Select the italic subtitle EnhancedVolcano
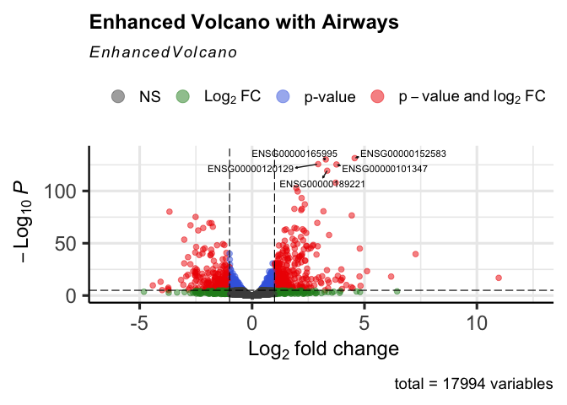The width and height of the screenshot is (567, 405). point(163,52)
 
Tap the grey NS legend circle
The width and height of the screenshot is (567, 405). point(116,96)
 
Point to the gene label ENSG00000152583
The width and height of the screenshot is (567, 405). point(403,154)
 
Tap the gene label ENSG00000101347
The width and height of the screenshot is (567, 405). point(385,169)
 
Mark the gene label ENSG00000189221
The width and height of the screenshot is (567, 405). point(322,183)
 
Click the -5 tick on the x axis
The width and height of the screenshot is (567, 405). point(139,323)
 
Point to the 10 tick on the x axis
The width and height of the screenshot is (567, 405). point(476,323)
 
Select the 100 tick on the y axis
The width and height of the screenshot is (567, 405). point(66,192)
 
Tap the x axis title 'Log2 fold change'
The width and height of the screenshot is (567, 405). point(311,348)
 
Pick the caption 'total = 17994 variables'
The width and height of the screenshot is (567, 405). point(473,385)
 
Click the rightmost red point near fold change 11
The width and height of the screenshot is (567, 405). point(499,278)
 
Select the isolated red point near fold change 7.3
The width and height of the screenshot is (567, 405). point(415,254)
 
